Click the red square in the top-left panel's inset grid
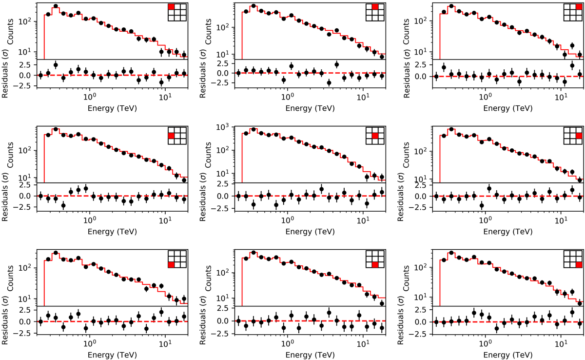(171, 7)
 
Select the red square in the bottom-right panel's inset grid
(579, 265)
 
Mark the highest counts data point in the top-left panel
(56, 6)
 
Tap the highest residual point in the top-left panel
(56, 65)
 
